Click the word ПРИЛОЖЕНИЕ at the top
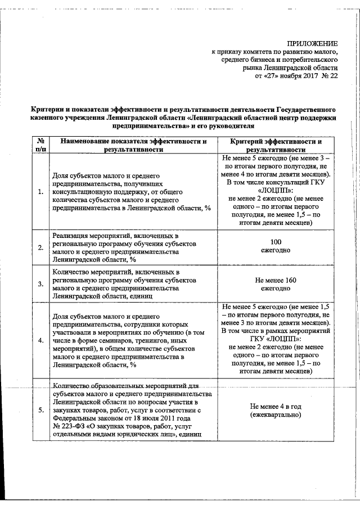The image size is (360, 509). click(312, 43)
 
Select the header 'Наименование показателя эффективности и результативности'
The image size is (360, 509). click(133, 145)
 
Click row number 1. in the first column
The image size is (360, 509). click(40, 192)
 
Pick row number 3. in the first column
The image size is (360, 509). click(40, 283)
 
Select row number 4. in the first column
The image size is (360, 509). click(40, 341)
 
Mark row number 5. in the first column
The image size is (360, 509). click(40, 410)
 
